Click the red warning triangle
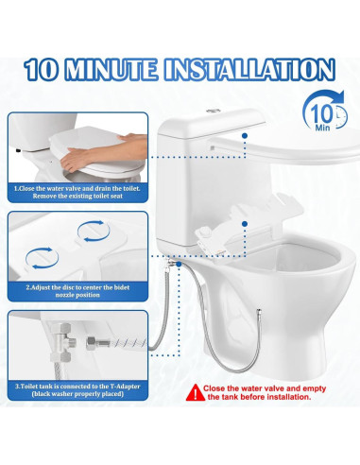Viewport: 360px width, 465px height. pos(193,388)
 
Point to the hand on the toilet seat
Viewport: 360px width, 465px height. pos(94,160)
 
